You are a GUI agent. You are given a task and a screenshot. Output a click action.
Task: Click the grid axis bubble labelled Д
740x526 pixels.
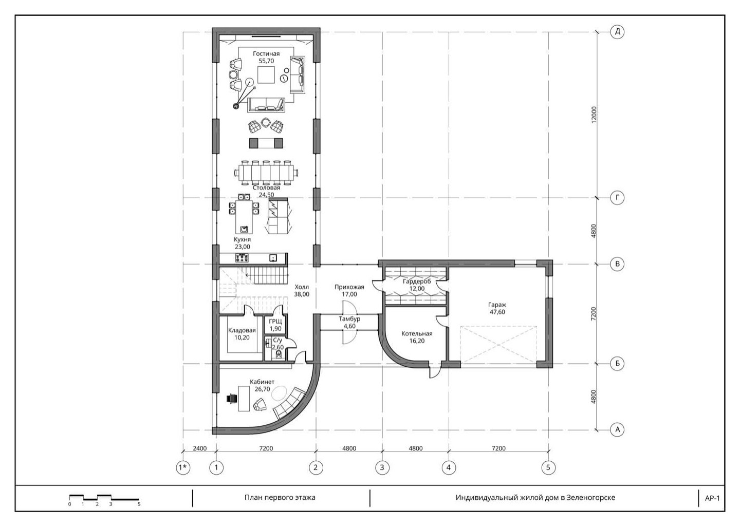(617, 32)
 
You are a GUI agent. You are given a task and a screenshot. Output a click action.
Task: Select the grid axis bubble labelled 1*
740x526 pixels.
(183, 467)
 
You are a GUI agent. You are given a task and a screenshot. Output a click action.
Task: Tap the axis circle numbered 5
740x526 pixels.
(548, 467)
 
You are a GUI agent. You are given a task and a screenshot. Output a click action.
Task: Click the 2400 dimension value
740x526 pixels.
(199, 448)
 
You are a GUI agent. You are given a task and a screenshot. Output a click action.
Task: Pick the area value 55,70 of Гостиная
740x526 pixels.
(266, 61)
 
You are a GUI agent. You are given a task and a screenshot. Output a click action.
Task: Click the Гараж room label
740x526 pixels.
(497, 305)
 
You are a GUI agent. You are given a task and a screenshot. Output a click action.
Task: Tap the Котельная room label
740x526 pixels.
(417, 333)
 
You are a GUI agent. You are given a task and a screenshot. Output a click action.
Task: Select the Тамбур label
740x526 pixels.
(349, 319)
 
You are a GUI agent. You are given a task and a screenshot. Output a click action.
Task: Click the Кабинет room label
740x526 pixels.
(262, 382)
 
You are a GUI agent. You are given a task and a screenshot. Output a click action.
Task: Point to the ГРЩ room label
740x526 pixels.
(275, 322)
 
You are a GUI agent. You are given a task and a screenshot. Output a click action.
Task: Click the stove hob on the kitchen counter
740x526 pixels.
(242, 257)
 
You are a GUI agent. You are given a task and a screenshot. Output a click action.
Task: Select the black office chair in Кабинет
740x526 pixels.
(232, 399)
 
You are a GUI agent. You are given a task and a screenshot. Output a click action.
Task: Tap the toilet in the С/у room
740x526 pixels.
(279, 354)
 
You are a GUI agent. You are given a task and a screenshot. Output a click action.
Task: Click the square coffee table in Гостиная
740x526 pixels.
(266, 74)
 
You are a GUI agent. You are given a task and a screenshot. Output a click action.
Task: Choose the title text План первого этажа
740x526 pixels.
(280, 497)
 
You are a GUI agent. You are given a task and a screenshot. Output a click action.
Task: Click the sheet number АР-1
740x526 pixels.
(712, 498)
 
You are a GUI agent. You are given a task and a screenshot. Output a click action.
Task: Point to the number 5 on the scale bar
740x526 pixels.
(139, 504)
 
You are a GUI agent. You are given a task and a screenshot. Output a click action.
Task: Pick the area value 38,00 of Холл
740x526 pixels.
(302, 294)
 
